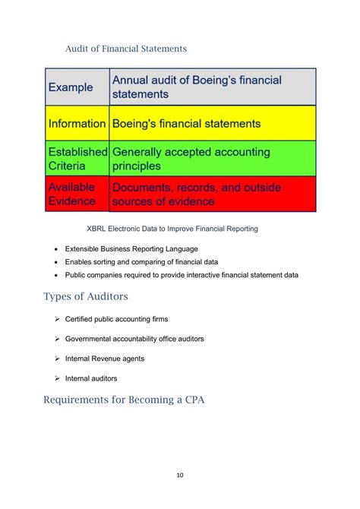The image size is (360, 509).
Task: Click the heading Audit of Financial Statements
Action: [x=126, y=49]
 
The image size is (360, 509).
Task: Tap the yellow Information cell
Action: [x=77, y=123]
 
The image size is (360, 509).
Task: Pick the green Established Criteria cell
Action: [x=77, y=159]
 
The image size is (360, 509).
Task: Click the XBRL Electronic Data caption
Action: [x=172, y=228]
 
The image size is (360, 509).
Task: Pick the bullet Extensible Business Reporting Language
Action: [x=131, y=248]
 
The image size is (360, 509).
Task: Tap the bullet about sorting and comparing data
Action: [x=141, y=261]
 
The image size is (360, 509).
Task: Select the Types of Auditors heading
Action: [x=96, y=296]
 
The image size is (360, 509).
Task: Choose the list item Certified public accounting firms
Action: [x=116, y=319]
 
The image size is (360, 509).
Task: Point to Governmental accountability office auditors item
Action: [x=134, y=339]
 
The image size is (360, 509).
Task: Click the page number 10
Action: [x=180, y=476]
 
